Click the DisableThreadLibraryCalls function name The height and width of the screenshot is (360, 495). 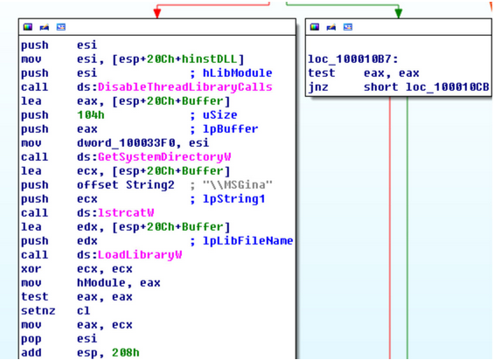tap(185, 87)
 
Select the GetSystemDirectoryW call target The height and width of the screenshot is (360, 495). tap(164, 157)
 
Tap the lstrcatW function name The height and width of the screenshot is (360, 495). tap(126, 213)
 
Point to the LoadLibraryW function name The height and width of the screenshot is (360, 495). tap(140, 255)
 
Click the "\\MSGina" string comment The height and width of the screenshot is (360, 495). tap(237, 185)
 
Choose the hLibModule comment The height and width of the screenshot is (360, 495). tap(237, 73)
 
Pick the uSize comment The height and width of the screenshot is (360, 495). tap(220, 115)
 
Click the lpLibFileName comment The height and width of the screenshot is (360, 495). tap(247, 241)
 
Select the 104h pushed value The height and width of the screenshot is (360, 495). tap(91, 115)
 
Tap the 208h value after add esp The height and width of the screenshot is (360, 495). tap(126, 353)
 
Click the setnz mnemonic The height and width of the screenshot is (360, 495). tap(38, 311)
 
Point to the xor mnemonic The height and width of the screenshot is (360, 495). tap(31, 269)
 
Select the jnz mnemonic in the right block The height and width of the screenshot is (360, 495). tap(318, 87)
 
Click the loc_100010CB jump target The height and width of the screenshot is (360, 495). tap(447, 87)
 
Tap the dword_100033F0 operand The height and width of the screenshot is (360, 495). tap(126, 143)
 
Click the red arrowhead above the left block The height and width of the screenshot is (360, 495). tap(157, 13)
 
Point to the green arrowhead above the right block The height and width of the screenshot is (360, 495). tap(399, 13)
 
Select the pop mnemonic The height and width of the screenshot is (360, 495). tap(31, 339)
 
